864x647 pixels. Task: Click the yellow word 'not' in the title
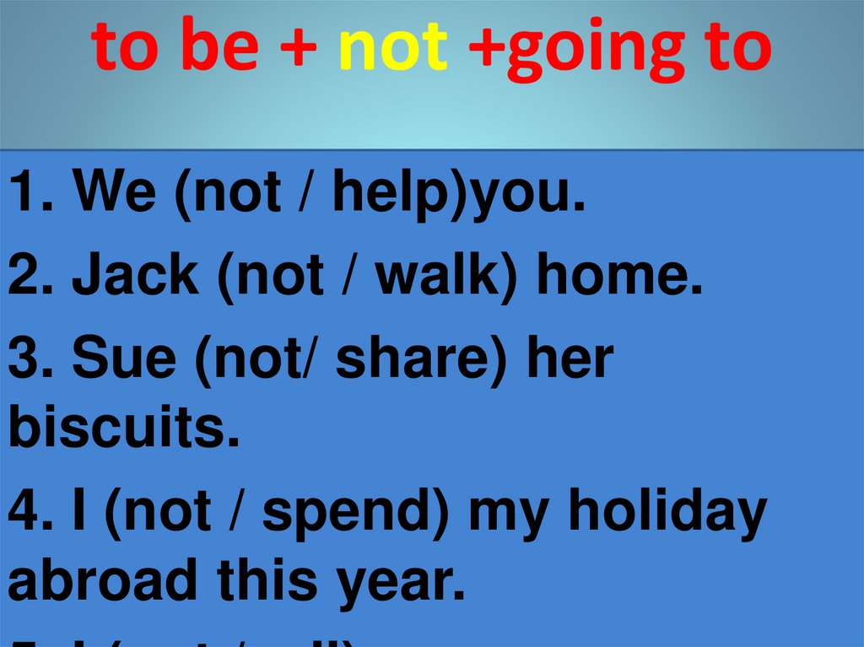coord(392,47)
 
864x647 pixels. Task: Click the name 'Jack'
coord(136,277)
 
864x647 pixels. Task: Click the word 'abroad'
coord(106,581)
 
